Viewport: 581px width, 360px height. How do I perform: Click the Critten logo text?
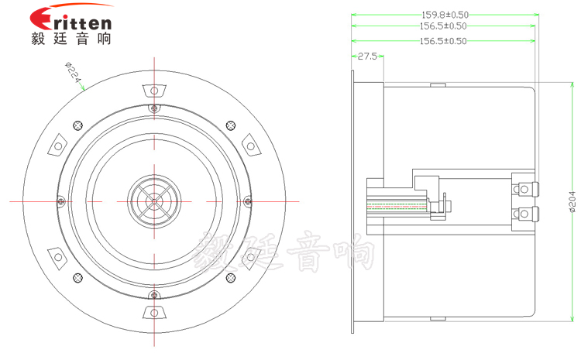74,20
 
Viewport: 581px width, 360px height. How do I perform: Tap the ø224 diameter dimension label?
74,74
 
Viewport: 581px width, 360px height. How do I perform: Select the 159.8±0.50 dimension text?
444,14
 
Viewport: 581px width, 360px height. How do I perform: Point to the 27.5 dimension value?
367,57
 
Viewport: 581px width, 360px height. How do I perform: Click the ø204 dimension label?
572,203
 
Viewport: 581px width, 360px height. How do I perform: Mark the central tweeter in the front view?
154,201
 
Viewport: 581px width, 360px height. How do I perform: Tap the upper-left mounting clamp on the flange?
59,146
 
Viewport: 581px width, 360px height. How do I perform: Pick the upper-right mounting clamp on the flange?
250,146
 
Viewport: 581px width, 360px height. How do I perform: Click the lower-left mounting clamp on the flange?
59,256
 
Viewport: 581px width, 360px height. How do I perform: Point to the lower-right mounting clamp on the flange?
250,256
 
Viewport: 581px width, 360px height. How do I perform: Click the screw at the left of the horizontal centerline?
60,201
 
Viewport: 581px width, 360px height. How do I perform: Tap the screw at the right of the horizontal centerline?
248,201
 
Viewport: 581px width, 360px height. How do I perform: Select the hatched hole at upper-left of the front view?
77,125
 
